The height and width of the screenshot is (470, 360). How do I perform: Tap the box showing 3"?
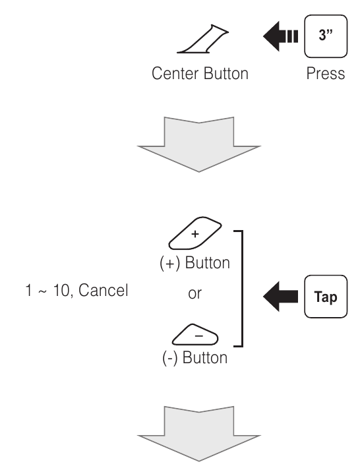coord(326,32)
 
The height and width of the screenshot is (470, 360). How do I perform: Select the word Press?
coord(326,73)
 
